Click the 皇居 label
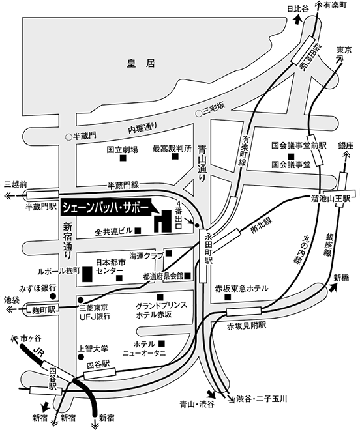tap(141, 63)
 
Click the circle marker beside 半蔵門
tap(68, 136)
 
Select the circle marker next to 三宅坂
tap(198, 113)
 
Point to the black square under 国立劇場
tap(123, 158)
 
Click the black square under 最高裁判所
tap(175, 156)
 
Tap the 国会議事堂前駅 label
tap(299, 146)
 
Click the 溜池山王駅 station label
tap(331, 198)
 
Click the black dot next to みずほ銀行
tap(53, 296)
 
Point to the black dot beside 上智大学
tap(81, 357)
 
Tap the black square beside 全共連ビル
tap(138, 231)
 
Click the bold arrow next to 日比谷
tap(297, 20)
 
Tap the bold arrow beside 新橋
tap(333, 287)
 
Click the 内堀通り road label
tap(143, 128)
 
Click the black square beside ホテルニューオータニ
tap(162, 343)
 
